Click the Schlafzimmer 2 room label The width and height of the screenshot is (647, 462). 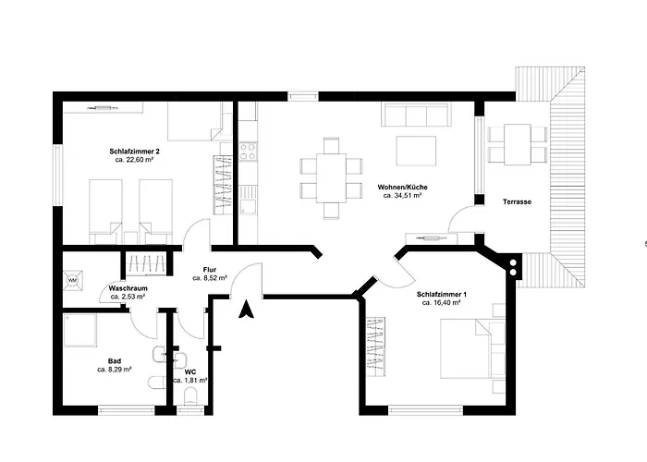135,152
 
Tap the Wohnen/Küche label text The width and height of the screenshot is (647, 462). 402,188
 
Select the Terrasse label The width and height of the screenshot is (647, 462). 517,201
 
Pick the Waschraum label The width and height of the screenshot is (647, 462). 128,288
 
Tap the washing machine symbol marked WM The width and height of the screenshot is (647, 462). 73,281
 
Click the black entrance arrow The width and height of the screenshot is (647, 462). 247,310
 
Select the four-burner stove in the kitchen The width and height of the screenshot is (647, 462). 248,151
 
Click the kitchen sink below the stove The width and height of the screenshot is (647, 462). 248,201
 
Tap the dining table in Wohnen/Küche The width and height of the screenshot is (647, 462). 331,177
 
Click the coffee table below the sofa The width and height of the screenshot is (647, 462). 416,151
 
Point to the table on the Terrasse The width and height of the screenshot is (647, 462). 518,144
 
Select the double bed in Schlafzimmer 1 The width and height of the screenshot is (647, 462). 472,348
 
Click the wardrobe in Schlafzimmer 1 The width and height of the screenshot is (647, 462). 376,346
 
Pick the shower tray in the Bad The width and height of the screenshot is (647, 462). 80,331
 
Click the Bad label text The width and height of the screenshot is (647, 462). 115,361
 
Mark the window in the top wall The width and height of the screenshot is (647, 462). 303,96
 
